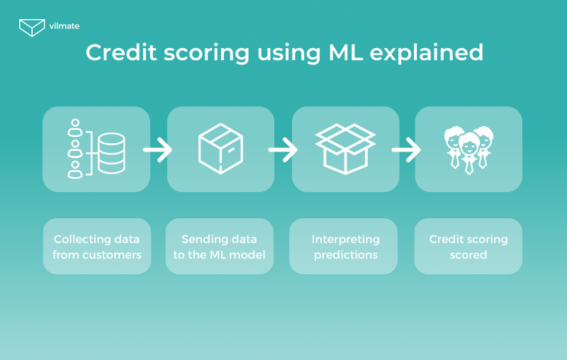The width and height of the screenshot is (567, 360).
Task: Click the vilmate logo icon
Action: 32,28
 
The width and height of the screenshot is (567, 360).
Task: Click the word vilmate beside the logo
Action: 64,26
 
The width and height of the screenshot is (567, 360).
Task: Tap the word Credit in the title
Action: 121,52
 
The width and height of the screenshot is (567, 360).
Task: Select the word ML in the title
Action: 345,52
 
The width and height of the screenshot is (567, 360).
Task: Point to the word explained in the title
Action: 427,53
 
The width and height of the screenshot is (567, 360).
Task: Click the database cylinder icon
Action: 111,153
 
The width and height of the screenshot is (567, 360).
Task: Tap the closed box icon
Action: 220,149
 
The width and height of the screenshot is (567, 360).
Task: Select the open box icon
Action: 346,149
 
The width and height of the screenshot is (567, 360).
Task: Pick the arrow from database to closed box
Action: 157,150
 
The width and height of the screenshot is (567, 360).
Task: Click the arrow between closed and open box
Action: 283,150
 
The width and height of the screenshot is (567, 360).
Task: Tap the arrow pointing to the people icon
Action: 406,150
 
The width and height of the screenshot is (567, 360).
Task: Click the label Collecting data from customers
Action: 97,247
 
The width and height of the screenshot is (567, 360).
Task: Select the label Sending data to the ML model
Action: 220,247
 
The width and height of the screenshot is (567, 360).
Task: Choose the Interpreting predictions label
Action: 346,247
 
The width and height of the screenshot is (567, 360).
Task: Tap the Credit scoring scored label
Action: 468,247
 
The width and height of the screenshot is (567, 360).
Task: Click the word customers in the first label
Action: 112,255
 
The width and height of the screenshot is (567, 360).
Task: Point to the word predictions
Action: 346,255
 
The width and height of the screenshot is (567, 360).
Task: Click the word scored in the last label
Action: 468,255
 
